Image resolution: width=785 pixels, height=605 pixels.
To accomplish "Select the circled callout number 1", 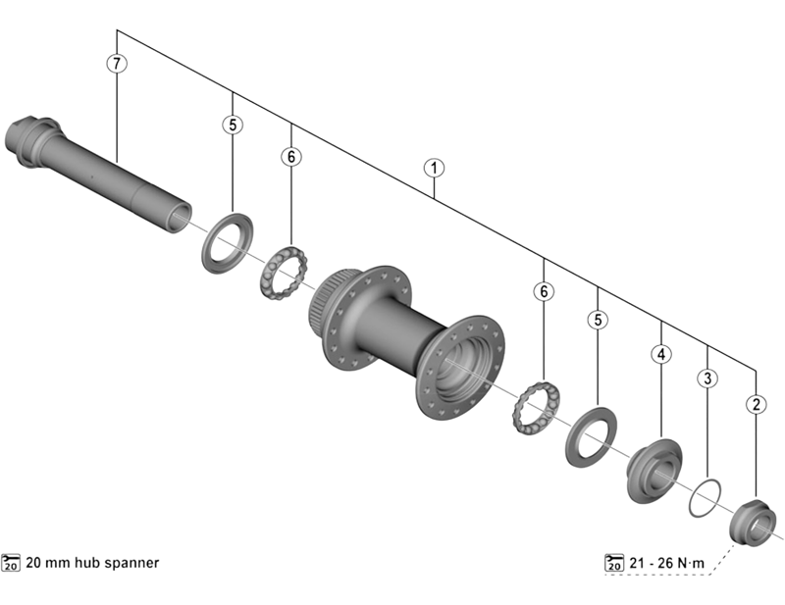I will pos(432,168).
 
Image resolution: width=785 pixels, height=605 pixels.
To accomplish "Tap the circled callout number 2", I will pos(756,403).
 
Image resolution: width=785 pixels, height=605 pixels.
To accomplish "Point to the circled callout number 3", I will pos(707,378).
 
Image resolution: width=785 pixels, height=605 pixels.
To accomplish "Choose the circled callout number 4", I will pos(661,353).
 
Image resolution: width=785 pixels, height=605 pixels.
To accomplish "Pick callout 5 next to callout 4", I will pos(598,319).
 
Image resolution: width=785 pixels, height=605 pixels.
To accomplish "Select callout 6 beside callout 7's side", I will pos(290,156).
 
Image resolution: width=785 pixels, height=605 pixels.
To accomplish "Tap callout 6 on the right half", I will pos(543,291).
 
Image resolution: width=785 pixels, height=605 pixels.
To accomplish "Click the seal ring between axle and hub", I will pos(227,239).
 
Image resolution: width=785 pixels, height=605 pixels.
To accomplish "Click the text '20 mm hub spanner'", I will pos(91,563).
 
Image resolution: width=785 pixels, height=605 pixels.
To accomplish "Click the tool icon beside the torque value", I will pos(615,562).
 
